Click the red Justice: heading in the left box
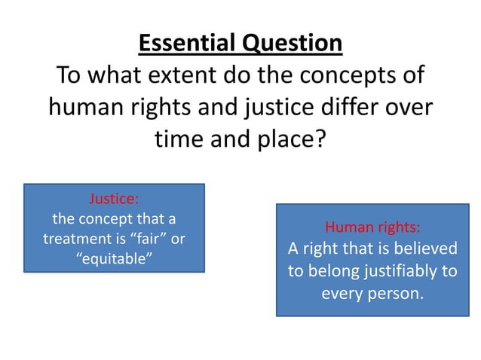(x=114, y=200)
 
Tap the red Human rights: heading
(x=372, y=227)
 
